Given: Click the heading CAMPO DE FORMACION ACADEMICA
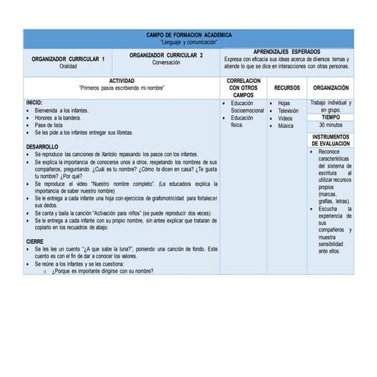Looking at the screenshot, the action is tap(189, 35).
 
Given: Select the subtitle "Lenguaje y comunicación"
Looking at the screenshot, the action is tap(189, 42).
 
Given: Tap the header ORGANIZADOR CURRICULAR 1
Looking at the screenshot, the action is tap(69, 59).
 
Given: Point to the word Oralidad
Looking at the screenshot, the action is tap(69, 66).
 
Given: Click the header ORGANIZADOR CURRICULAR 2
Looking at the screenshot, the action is tap(166, 56).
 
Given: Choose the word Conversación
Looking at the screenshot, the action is tap(166, 62).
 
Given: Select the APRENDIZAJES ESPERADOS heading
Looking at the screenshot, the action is tap(286, 51).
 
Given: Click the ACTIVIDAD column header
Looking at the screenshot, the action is tap(122, 81).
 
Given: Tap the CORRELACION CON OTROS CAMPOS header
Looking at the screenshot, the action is tap(244, 88).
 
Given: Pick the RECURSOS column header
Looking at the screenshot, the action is tap(287, 88).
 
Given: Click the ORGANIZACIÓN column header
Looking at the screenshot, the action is tap(331, 88).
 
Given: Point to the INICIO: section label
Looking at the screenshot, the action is tap(34, 102).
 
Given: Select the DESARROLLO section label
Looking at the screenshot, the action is tap(42, 146).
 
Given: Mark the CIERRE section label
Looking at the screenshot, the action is tap(35, 241).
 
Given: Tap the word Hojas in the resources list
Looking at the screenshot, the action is tap(284, 103).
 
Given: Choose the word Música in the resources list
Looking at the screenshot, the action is tap(286, 126).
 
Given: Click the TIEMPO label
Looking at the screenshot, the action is tap(331, 117).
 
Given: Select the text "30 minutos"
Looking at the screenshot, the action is tap(331, 125).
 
